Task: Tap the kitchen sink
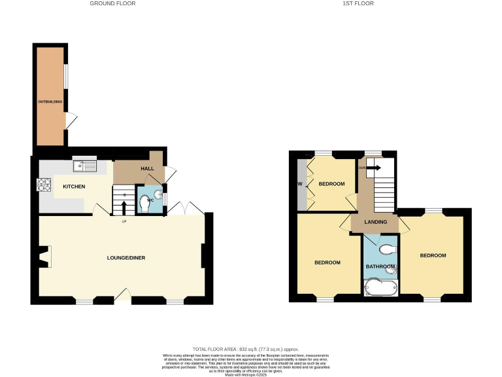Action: (84, 166)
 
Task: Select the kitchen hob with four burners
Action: (44, 185)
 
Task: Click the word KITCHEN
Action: (74, 187)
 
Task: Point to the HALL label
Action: (147, 168)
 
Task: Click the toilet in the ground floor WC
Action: (146, 206)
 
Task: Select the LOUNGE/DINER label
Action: (126, 258)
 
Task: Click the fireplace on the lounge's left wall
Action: (44, 257)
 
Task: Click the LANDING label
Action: (376, 223)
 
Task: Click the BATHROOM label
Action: (380, 266)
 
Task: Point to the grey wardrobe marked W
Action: (301, 184)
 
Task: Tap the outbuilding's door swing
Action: (71, 120)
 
